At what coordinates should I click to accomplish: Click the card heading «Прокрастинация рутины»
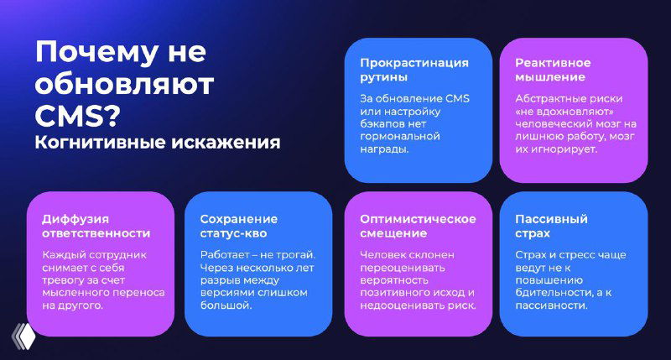pos(414,70)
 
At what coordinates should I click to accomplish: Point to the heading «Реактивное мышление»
pos(553,70)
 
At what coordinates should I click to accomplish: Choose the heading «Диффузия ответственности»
pos(96,226)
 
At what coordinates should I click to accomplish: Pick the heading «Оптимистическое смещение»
pos(418,226)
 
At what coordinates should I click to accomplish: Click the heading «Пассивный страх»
pos(551,226)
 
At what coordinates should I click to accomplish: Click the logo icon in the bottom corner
pos(21,333)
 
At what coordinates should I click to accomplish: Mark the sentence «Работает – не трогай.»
pos(257,254)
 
